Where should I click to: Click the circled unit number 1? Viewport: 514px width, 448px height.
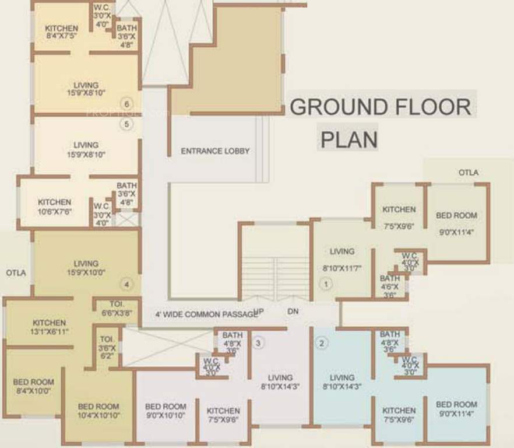pos(326,285)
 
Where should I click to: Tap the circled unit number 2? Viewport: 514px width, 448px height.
pos(321,343)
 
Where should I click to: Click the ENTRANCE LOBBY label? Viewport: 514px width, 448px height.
pos(215,150)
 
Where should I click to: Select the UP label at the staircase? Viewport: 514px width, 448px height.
pos(259,311)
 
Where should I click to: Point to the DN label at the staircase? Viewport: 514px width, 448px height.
pos(293,311)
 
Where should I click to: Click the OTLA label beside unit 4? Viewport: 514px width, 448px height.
pos(16,272)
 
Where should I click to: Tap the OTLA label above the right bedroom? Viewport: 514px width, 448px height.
pos(468,173)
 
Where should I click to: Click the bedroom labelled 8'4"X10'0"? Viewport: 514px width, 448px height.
pos(33,386)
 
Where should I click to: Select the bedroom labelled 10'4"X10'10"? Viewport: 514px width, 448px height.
pos(98,410)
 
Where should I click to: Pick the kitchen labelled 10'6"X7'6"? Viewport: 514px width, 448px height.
pos(54,206)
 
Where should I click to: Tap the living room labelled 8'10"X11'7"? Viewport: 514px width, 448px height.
pos(342,260)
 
